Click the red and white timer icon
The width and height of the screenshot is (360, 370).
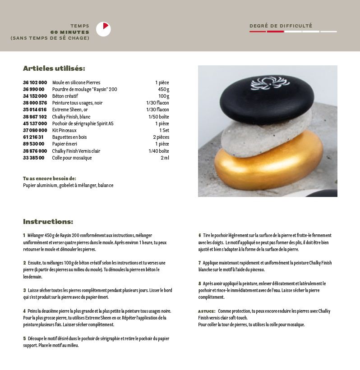[x=103, y=29]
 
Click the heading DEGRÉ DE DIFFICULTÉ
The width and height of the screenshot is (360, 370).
[x=281, y=26]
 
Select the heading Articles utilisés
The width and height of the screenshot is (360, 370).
[x=54, y=69]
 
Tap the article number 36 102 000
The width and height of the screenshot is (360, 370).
[x=35, y=82]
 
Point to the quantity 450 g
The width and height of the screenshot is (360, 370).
[x=163, y=89]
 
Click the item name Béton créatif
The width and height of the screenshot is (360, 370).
[x=65, y=96]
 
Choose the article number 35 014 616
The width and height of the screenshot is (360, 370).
[x=35, y=110]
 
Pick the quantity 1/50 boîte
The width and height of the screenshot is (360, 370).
[x=159, y=116]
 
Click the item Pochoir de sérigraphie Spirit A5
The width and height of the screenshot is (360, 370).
[x=83, y=123]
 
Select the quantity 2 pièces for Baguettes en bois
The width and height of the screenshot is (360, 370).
[x=161, y=137]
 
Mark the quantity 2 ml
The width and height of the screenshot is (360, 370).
[x=165, y=158]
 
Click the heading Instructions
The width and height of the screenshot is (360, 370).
[x=48, y=222]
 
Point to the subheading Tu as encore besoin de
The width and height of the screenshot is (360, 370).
[x=50, y=178]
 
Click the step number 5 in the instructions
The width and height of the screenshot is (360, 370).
[x=24, y=338]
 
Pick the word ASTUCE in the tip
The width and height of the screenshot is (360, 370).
[x=207, y=311]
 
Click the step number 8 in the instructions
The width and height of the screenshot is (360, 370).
[x=199, y=283]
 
